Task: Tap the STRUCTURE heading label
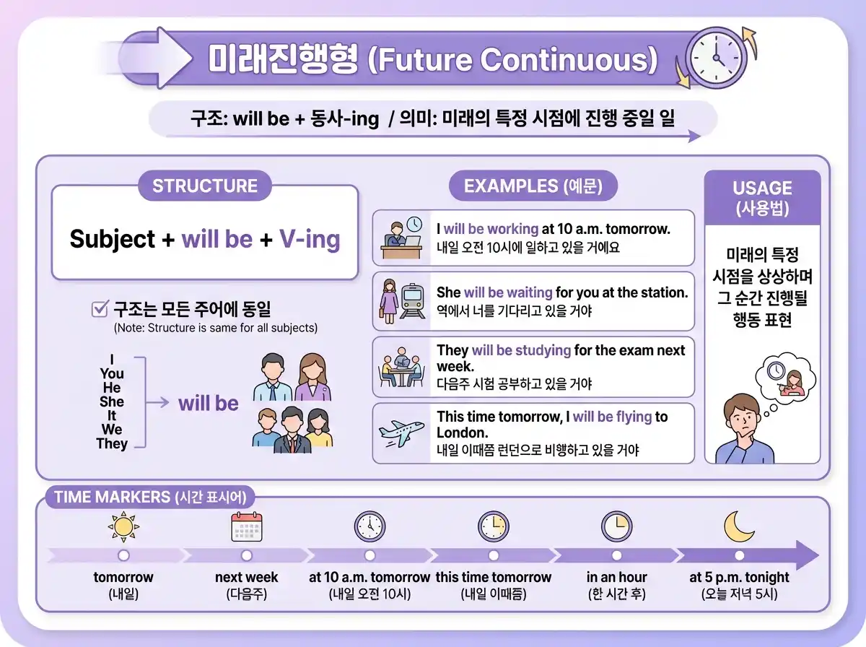coord(205,186)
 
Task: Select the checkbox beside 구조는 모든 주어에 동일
coord(100,310)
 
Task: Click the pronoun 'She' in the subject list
coord(112,401)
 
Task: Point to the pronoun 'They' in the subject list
coord(112,443)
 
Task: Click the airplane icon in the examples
coord(401,433)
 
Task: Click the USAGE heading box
coord(762,197)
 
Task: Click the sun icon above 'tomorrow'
coord(123,527)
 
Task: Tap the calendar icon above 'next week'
coord(247,527)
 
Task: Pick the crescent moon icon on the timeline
coord(739,526)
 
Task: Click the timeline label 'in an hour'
coord(616,578)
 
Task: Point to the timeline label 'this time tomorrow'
coord(494,578)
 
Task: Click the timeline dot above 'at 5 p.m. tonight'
coord(739,555)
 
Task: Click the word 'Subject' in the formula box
coord(113,239)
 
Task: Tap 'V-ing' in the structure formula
coord(310,239)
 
